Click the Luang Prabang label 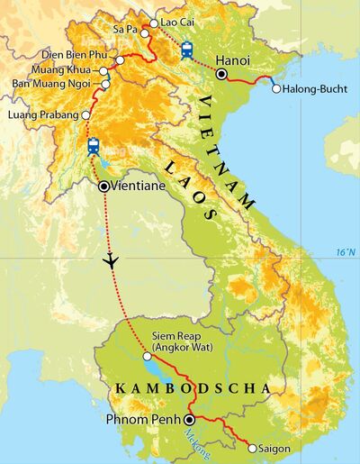pos(41,115)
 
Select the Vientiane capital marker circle pos(103,187)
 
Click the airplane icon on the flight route pos(111,260)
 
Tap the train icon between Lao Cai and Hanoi pos(186,50)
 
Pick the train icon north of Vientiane pos(93,145)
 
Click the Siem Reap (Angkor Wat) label pos(171,344)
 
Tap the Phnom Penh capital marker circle pos(189,419)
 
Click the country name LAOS pos(192,186)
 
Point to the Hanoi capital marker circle pos(221,74)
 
